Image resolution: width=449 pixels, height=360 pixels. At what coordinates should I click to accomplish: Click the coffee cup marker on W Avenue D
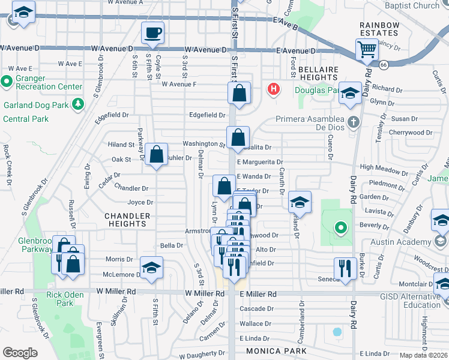pos(152,32)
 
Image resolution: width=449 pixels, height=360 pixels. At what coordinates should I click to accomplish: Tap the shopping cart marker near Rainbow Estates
pos(366,50)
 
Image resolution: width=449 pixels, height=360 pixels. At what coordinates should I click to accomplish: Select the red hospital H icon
pos(273,90)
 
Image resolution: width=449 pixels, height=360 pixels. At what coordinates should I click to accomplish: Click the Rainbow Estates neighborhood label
pos(379,28)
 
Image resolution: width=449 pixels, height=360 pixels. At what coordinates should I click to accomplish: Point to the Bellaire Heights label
pos(318,73)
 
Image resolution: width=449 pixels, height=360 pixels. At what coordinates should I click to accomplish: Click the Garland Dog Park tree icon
pos(77,105)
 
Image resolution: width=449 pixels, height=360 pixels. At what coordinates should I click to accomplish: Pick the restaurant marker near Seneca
pos(345,268)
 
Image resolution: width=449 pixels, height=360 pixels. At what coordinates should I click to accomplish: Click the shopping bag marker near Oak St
pos(156,155)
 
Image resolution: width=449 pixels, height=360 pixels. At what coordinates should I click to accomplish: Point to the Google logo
pos(20,353)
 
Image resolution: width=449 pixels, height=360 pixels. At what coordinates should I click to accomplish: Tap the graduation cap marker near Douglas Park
pos(350,93)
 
